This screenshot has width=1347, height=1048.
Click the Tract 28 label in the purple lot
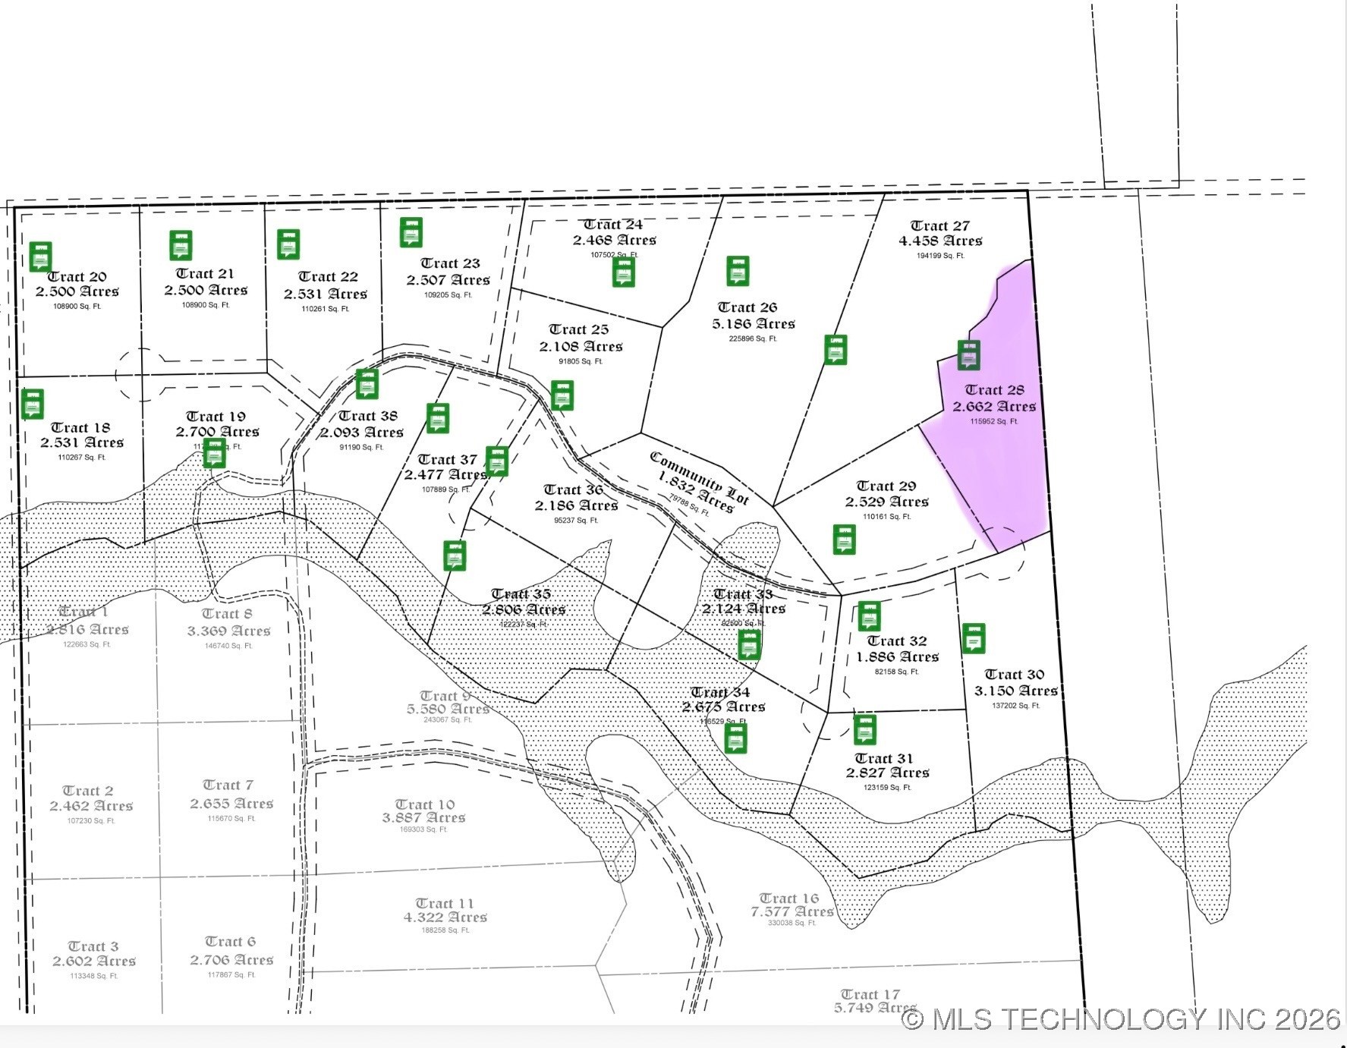(994, 390)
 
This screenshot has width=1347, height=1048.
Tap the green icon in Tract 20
(40, 256)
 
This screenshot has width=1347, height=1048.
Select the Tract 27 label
(939, 226)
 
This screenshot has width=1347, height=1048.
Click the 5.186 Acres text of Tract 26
(753, 324)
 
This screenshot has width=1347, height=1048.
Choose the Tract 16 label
(788, 899)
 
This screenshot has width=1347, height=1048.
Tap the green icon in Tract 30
(974, 638)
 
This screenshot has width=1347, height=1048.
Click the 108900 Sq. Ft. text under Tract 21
(205, 305)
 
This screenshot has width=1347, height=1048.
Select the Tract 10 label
(424, 804)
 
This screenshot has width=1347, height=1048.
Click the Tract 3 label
(93, 946)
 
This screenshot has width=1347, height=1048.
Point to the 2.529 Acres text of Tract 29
(886, 502)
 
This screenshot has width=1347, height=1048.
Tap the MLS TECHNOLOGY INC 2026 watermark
(1122, 1018)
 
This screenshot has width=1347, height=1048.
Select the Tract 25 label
(578, 329)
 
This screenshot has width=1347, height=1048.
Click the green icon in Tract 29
(844, 540)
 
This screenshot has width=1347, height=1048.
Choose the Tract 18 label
(80, 428)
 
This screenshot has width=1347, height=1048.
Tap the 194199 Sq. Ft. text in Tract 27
(939, 256)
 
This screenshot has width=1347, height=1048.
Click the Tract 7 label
(228, 785)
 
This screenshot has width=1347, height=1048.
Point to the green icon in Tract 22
(288, 244)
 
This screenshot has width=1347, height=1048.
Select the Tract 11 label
(444, 903)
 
